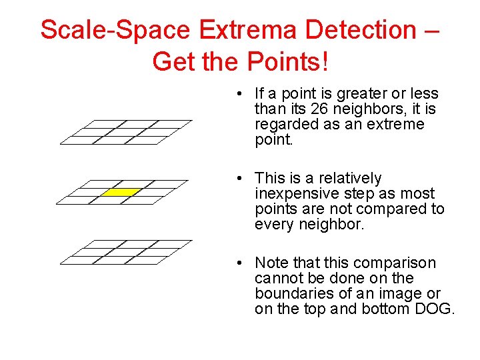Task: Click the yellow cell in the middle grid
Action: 121,192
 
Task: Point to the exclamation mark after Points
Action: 325,62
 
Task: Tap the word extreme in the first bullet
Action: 396,125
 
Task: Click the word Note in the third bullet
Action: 270,263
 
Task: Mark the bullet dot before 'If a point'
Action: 239,94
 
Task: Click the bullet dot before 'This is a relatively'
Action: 239,179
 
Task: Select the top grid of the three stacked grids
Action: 125,131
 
